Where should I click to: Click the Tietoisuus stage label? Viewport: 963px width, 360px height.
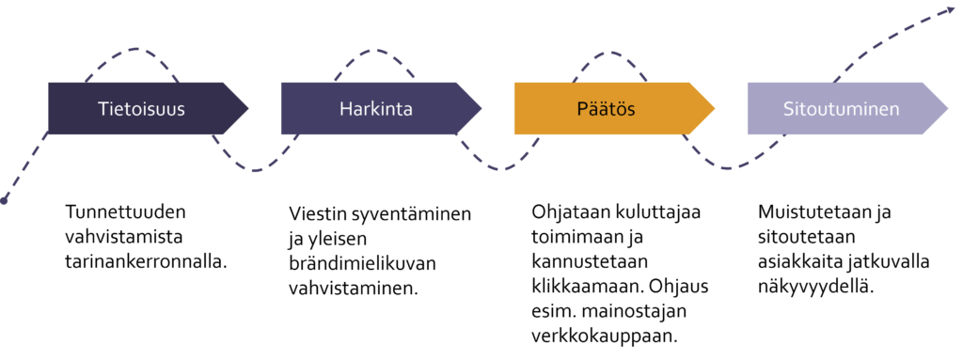point(141,109)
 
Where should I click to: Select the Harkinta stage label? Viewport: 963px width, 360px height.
point(376,109)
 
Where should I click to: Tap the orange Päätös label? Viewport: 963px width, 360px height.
point(606,109)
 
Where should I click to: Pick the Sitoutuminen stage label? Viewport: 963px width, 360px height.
point(841,109)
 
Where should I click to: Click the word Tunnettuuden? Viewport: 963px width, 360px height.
point(125,212)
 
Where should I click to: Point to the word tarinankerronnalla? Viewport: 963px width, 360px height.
point(146,261)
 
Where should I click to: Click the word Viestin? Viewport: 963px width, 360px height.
point(318,214)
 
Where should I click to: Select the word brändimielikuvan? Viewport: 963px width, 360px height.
point(362,263)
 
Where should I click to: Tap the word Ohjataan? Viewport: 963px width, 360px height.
point(571,212)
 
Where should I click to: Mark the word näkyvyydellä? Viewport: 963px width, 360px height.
point(815,287)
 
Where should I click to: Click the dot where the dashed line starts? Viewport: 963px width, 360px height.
point(5,200)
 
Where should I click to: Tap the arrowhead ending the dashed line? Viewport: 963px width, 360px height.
point(955,9)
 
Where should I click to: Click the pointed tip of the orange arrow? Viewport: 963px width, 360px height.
point(715,109)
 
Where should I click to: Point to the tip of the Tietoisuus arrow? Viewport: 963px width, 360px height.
point(247,109)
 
